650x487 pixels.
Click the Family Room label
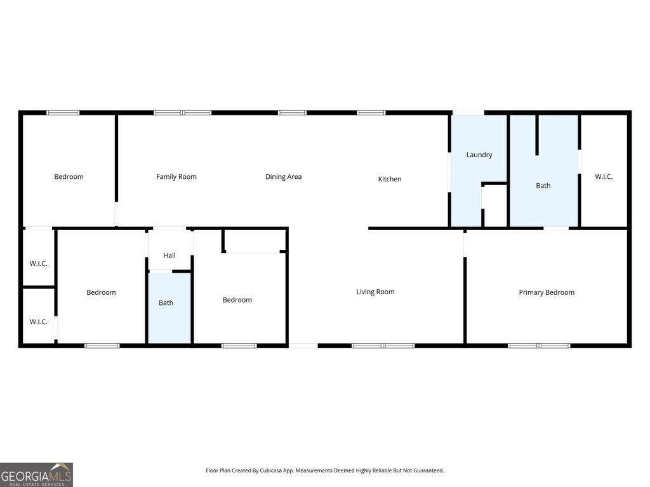point(176,177)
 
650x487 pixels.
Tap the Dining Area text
point(283,177)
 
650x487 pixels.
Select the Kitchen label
point(390,179)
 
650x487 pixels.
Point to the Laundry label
point(479,155)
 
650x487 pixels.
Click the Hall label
point(169,256)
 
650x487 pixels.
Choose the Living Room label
point(375,292)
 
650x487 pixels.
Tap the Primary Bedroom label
point(547,293)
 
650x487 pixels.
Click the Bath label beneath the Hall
point(166,303)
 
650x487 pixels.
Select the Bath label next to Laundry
point(543,186)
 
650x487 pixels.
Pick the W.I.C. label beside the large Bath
point(604,177)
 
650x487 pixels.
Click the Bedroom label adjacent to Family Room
point(69,177)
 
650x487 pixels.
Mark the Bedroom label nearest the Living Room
point(237,300)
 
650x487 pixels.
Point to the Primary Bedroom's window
point(539,346)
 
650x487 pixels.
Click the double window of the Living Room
point(383,346)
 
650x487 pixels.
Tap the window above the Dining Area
point(292,113)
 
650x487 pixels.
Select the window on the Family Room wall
point(183,113)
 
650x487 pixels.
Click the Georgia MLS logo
point(36,474)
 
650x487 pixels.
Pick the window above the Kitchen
point(371,113)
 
